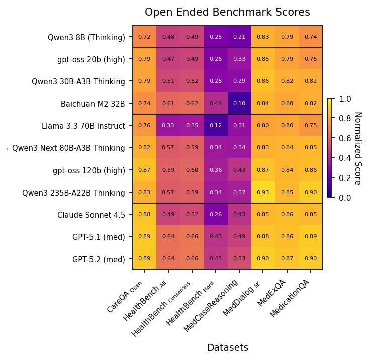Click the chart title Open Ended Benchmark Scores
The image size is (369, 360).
[x=227, y=12]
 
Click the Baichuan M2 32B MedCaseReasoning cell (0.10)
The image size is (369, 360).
[x=239, y=104]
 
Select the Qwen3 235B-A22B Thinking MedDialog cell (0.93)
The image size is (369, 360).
[x=263, y=193]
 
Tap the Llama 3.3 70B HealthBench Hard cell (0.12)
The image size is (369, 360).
[x=215, y=126]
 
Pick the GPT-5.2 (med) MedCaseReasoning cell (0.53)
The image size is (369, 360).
[x=239, y=259]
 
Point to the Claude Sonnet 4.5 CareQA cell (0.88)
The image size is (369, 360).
[x=144, y=215]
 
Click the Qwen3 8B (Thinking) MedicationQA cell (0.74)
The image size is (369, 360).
[x=311, y=37]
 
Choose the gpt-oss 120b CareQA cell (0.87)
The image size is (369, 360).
[x=144, y=170]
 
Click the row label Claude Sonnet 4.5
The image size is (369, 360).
[x=91, y=215]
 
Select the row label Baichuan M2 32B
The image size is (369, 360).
[x=93, y=104]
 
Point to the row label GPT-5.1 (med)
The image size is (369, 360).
[x=99, y=237]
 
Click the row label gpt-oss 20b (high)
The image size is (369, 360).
[x=91, y=59]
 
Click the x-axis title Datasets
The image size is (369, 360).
[x=227, y=347]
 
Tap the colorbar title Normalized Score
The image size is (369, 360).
[x=358, y=148]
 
